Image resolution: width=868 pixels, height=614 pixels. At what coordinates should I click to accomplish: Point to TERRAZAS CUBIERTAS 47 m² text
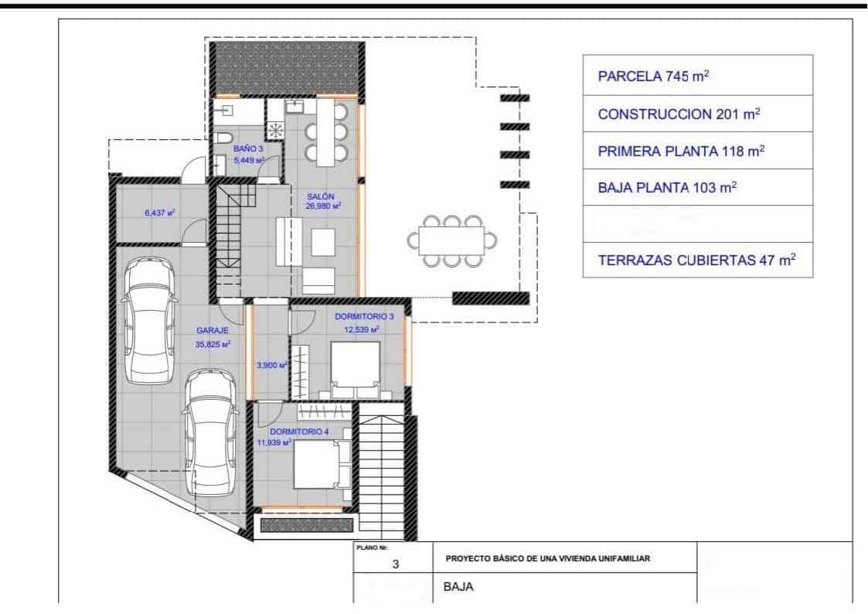pyautogui.click(x=696, y=261)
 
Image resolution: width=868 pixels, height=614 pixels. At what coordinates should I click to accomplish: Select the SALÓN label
pyautogui.click(x=323, y=196)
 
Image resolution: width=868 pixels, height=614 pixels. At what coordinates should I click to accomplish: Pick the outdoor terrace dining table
pyautogui.click(x=451, y=240)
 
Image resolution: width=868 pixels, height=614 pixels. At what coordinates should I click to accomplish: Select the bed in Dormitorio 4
pyautogui.click(x=318, y=462)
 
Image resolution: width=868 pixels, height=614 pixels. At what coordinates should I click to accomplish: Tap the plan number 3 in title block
pyautogui.click(x=395, y=565)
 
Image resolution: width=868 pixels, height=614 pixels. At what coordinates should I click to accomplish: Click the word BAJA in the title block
pyautogui.click(x=458, y=586)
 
